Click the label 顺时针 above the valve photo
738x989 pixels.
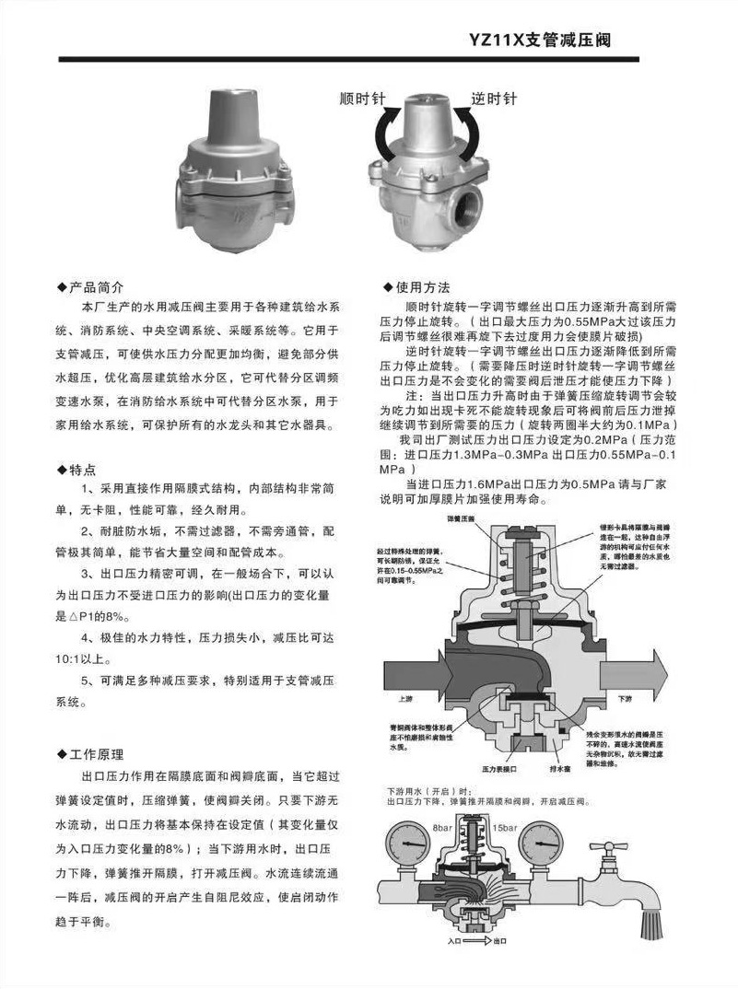click(361, 99)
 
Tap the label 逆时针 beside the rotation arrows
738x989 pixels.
click(494, 99)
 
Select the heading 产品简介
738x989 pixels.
click(101, 287)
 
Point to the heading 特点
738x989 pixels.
click(89, 469)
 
